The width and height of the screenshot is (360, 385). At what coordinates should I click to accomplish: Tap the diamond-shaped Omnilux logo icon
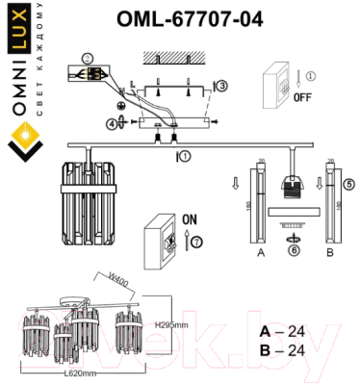(x=21, y=147)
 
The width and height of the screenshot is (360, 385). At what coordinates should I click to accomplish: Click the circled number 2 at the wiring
(x=88, y=58)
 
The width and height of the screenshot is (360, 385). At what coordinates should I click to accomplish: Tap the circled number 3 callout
(x=222, y=87)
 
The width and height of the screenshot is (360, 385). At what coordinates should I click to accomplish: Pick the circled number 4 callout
(x=111, y=123)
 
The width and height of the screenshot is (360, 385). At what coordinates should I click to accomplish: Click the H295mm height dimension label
(x=170, y=325)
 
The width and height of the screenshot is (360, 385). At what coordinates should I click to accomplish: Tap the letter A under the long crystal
(x=260, y=256)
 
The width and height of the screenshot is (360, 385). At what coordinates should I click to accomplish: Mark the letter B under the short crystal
(x=329, y=256)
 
